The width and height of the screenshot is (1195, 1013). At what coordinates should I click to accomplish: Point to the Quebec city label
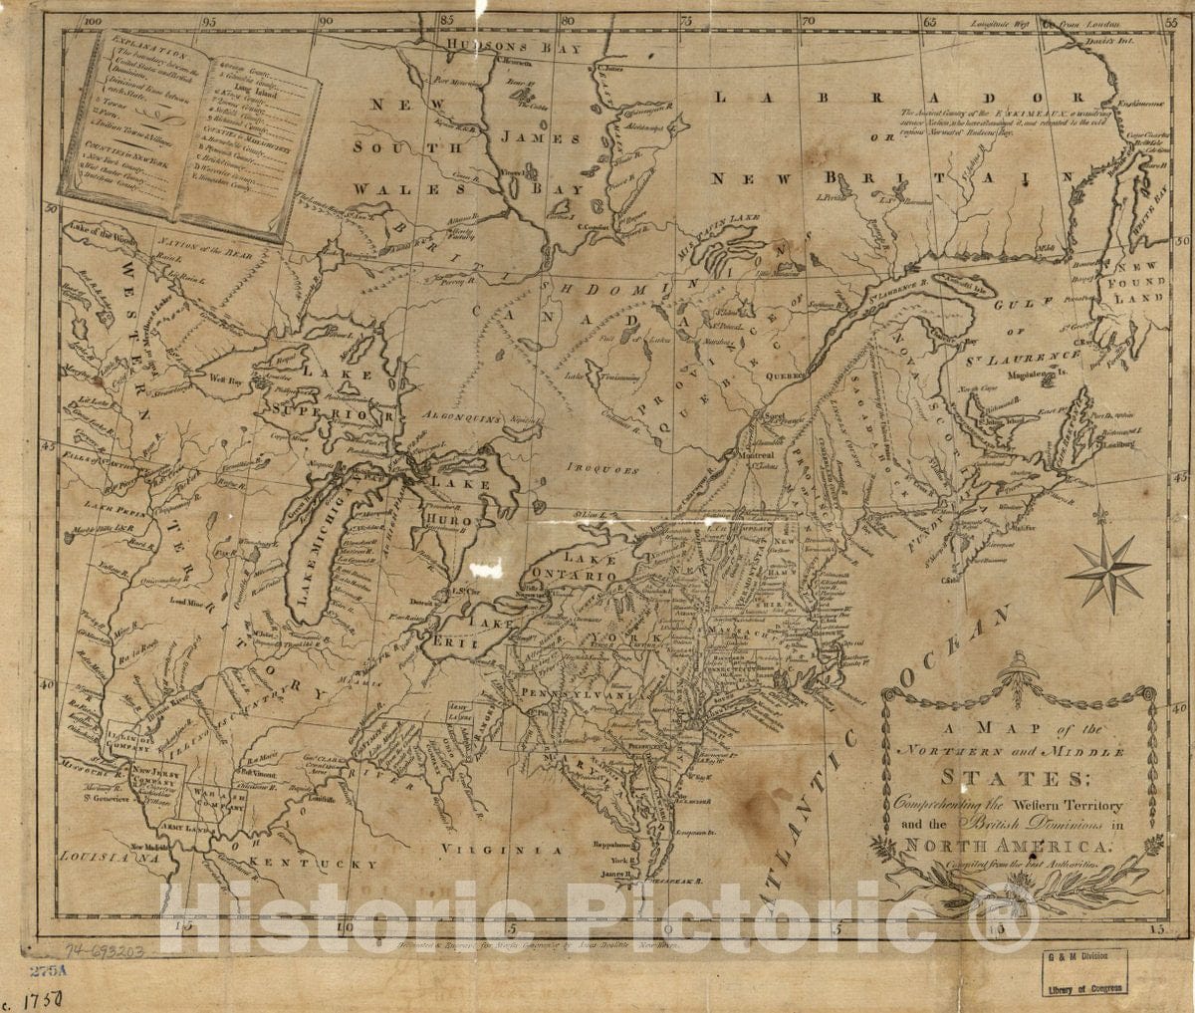click(x=786, y=378)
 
